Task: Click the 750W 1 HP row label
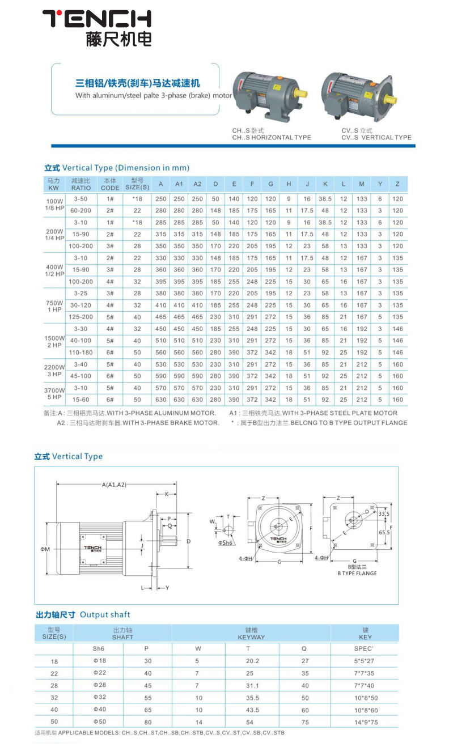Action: coord(54,306)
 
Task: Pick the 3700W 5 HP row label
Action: coord(54,394)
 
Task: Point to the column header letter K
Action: coord(325,184)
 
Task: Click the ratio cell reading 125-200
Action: coord(81,317)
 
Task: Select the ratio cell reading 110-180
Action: coord(81,353)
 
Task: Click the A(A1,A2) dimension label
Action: coord(115,485)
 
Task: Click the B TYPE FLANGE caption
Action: coord(357,573)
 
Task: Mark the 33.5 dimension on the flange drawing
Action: coord(384,514)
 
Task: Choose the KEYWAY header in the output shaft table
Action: coord(251,634)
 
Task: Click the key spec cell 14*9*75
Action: coord(365,723)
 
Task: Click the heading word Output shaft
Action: coord(105,614)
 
